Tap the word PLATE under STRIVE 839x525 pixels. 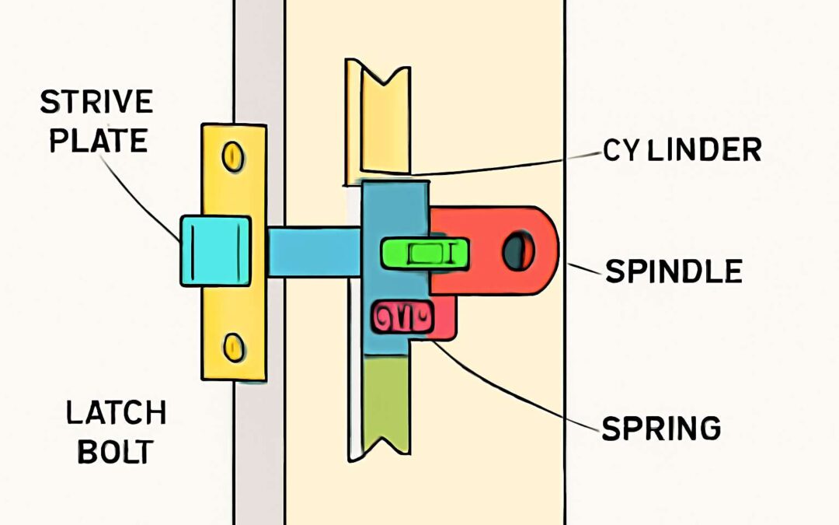[95, 140]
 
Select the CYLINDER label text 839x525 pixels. [681, 150]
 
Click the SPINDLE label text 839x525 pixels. [674, 271]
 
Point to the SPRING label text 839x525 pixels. [660, 428]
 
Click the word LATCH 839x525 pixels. [116, 413]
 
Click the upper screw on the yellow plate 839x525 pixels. [232, 156]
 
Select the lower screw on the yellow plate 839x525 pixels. [232, 346]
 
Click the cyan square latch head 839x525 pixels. [215, 250]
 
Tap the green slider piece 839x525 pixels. [424, 254]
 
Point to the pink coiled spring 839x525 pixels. [402, 317]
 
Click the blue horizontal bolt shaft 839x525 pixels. [314, 251]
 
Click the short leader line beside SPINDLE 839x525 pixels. [584, 269]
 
